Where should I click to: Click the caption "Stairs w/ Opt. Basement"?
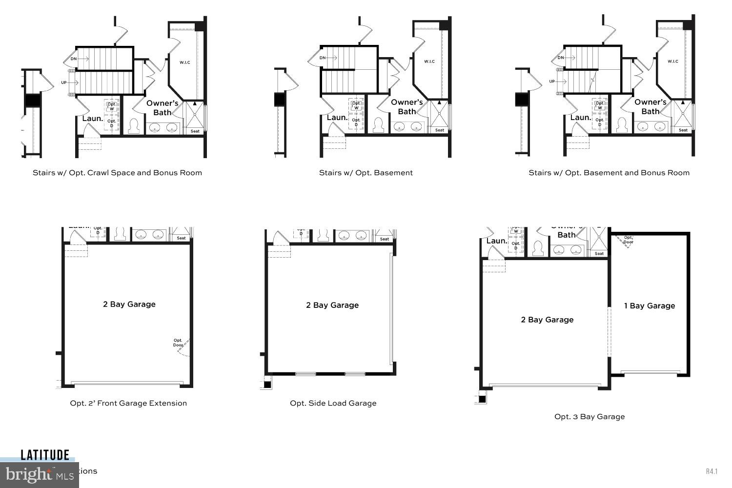(366, 173)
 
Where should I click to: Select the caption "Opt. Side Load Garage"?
(333, 403)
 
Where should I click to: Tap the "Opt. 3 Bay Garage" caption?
(589, 416)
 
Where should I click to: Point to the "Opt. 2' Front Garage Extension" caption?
(128, 403)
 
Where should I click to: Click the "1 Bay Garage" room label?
(650, 306)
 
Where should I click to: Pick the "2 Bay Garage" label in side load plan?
(332, 305)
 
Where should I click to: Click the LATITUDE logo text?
(45, 455)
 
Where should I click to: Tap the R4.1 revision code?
(712, 471)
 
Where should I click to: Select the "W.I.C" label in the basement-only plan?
(429, 61)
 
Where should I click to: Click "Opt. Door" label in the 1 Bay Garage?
(628, 240)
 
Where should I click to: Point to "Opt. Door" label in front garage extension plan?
(178, 343)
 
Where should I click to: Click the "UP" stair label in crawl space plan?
(64, 82)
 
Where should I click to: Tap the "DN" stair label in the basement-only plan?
(323, 58)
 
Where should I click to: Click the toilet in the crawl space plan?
(134, 126)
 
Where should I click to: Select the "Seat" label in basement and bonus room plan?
(683, 130)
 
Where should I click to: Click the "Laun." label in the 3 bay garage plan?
(496, 241)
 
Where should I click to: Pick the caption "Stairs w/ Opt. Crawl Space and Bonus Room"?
(117, 173)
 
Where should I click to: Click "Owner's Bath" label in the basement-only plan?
(407, 107)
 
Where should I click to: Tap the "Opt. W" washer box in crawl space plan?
(112, 106)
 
